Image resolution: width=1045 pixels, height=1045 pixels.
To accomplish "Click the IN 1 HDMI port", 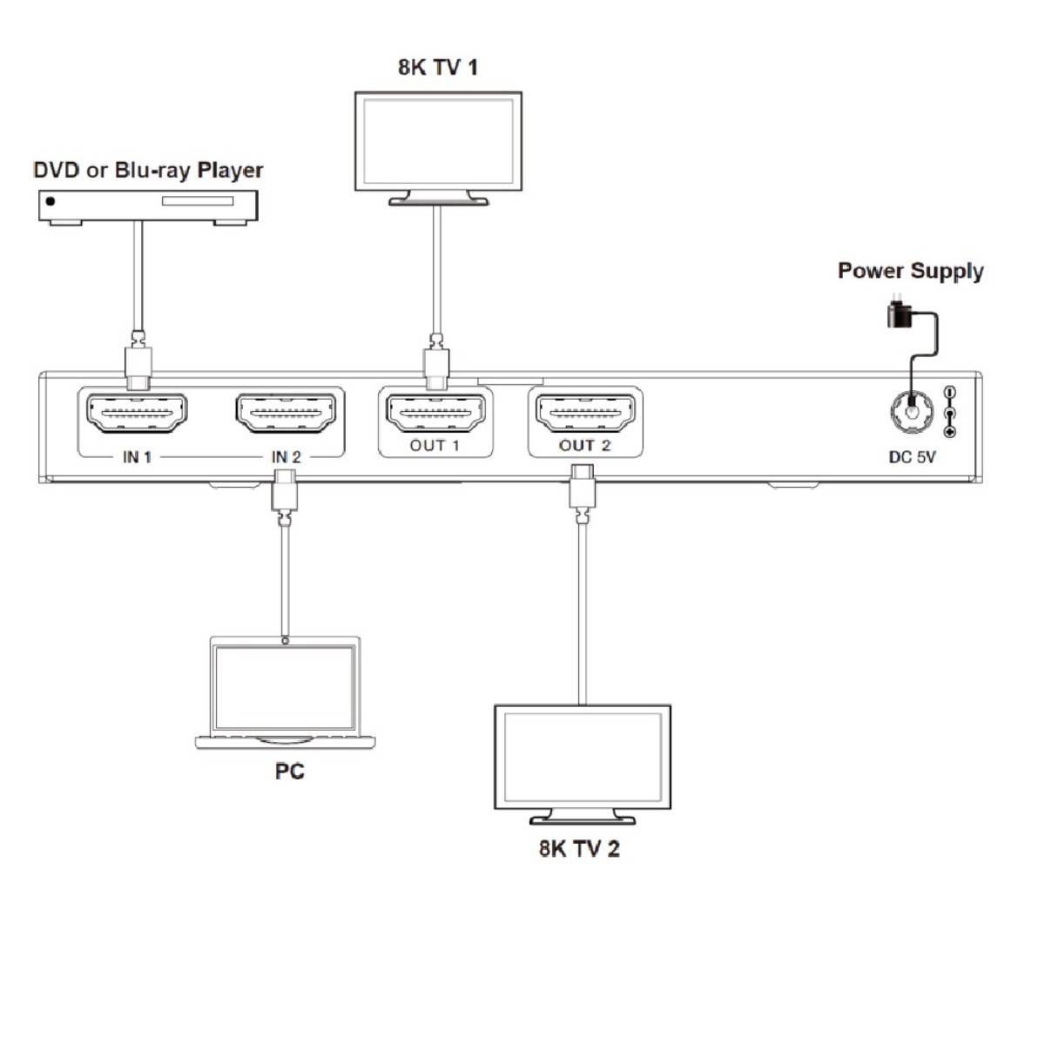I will [x=137, y=413].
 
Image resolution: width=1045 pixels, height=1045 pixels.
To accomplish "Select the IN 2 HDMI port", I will [x=287, y=413].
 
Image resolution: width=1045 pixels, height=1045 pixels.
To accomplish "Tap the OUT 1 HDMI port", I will [x=435, y=414].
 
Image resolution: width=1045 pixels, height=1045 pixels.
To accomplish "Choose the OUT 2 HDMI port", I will [x=584, y=413].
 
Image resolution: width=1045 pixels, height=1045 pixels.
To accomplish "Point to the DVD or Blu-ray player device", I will [x=148, y=206].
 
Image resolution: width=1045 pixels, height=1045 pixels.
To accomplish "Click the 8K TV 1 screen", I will [x=438, y=140].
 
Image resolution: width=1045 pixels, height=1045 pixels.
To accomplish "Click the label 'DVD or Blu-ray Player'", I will [x=148, y=170].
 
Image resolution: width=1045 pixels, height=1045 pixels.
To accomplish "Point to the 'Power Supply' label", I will [x=910, y=271].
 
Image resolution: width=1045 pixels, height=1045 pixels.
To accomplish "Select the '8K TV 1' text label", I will [x=438, y=67].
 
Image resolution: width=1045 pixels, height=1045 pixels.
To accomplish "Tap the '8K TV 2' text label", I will [x=579, y=848].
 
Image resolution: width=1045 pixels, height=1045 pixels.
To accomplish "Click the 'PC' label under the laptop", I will [x=289, y=771].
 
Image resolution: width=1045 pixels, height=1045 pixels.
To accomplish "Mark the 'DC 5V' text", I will [x=912, y=456].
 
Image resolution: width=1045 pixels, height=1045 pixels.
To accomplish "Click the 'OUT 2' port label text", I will [x=584, y=445].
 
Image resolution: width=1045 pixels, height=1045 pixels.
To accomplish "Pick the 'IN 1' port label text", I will [x=137, y=456].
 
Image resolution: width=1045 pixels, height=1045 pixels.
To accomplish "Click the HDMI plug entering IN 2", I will [x=285, y=491].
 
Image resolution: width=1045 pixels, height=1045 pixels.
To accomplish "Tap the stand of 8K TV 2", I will [x=583, y=817].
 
